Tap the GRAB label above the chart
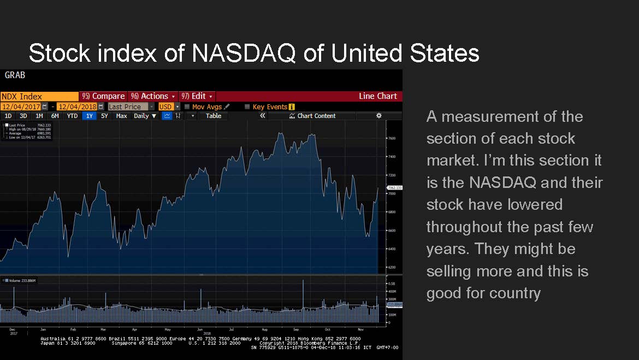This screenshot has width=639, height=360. point(15,75)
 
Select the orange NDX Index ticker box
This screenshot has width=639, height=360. point(39,96)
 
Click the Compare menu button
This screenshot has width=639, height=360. point(104,96)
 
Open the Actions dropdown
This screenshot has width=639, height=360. point(153,96)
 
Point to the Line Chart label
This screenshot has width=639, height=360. point(377,96)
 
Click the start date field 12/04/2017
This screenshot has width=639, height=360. point(21,107)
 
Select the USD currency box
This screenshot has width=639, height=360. point(165,107)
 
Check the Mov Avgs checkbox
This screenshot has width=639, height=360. point(187,107)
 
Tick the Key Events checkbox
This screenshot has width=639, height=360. point(247,107)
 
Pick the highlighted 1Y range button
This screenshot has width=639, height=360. point(90,116)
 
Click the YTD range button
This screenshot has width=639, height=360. point(72,116)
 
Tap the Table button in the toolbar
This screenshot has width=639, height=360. point(214,116)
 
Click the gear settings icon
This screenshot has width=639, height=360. point(378,116)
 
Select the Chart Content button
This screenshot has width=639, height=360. point(316,116)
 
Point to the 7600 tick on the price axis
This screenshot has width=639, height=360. point(392,138)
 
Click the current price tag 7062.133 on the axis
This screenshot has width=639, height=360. point(394,188)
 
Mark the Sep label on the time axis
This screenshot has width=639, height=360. point(295,329)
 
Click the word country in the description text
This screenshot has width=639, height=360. point(515,293)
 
